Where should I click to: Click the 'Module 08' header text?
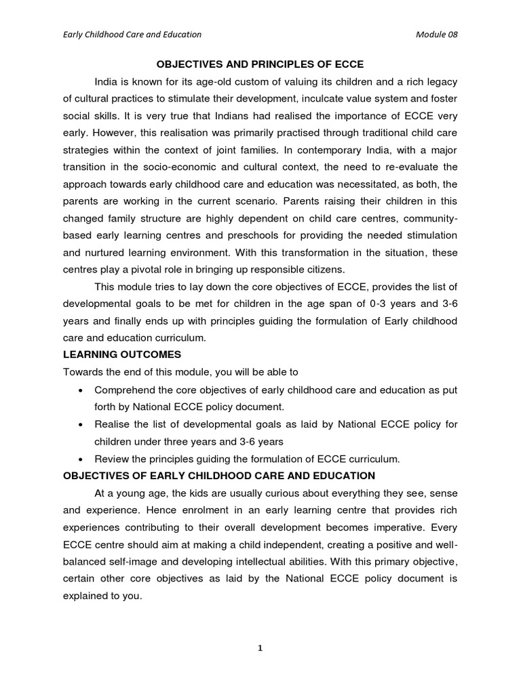coord(436,35)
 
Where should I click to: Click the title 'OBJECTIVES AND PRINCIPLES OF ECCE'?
coord(260,64)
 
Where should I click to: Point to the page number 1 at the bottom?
coord(260,648)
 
